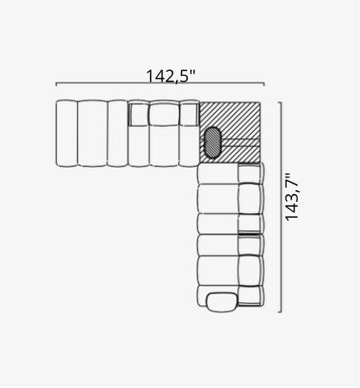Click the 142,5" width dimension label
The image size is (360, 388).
171,76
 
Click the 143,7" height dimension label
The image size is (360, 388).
292,197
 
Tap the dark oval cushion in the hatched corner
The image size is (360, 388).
213,142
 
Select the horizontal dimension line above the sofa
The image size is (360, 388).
160,83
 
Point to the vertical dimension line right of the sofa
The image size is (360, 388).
281,207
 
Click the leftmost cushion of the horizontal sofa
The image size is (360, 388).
66,133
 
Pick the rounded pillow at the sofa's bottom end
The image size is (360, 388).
223,302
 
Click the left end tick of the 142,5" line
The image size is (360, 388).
56,84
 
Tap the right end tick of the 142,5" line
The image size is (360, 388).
264,84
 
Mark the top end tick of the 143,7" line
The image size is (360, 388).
279,103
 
